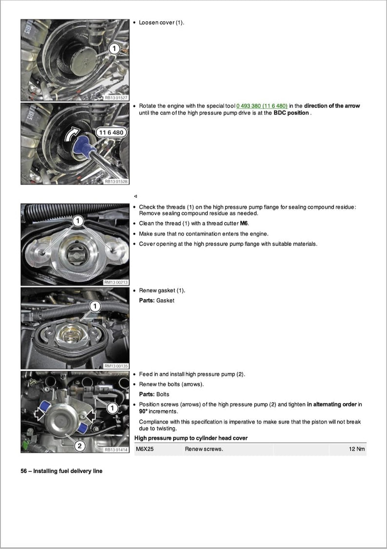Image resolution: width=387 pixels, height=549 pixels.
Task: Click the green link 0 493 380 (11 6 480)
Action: tap(262, 106)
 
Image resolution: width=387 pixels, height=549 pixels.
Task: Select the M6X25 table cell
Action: tap(145, 449)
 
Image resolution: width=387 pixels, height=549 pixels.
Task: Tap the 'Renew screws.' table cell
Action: tap(204, 449)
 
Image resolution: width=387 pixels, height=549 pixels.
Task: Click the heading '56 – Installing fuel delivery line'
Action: tap(61, 471)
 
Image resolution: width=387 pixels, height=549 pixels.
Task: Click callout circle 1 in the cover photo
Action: tap(114, 48)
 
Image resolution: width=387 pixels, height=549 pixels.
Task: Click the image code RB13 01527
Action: tap(116, 98)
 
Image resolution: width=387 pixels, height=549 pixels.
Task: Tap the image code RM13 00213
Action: tap(116, 282)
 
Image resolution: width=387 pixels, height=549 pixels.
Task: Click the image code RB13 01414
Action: tap(116, 450)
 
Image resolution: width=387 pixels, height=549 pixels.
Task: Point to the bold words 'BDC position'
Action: tap(291, 113)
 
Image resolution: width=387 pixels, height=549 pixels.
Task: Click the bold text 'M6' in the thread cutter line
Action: tap(244, 224)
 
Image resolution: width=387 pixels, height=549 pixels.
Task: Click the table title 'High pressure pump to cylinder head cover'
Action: tap(191, 438)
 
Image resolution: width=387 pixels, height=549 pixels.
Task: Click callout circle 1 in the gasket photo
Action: tap(95, 306)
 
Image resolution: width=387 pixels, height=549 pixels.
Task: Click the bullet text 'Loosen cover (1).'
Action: tap(161, 22)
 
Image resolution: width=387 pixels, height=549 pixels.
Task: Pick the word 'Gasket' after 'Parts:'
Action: tap(165, 300)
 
